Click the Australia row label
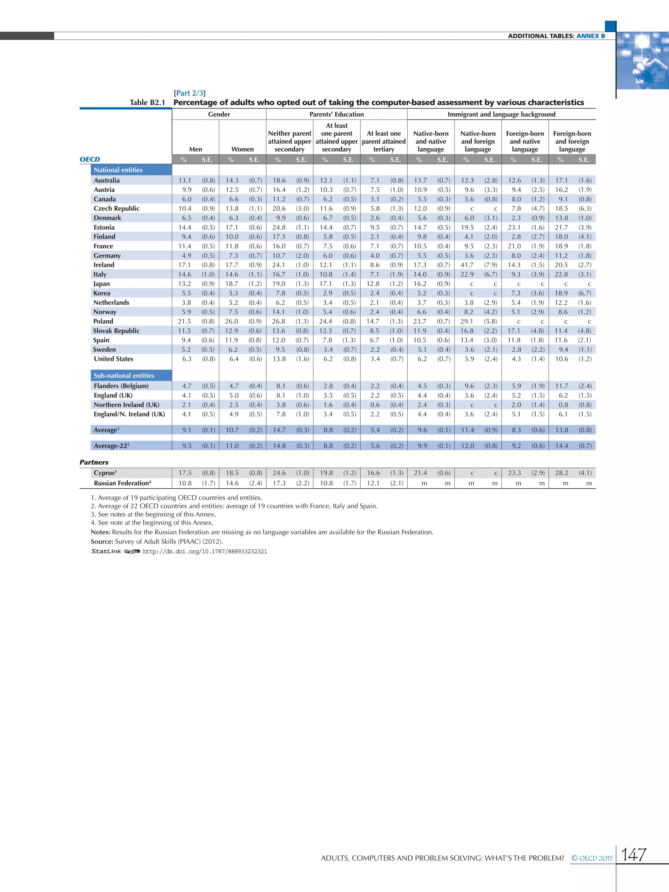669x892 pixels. [106, 180]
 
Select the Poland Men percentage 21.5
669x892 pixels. [184, 321]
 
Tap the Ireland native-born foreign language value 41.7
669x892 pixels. [467, 265]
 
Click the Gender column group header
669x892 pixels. [219, 114]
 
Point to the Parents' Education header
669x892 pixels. [336, 114]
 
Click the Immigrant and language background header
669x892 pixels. [501, 114]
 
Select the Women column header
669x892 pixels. [242, 149]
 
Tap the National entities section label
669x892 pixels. [118, 170]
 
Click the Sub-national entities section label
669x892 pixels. [124, 375]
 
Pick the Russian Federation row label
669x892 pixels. [122, 483]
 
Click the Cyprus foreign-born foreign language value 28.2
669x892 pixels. [561, 473]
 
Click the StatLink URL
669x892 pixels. [205, 551]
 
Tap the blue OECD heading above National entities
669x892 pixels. [90, 159]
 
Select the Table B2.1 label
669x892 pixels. [147, 103]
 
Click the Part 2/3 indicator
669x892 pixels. [189, 93]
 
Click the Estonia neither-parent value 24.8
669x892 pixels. [279, 227]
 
